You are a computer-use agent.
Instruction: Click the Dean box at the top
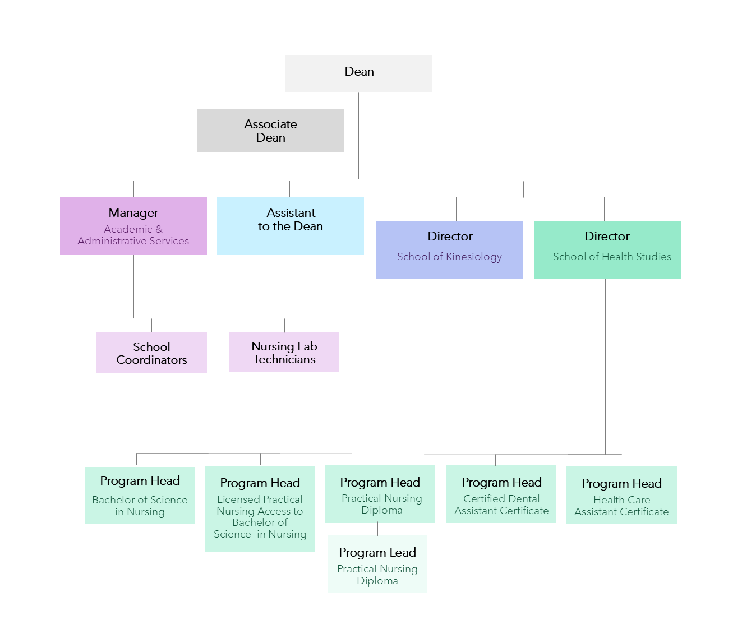pyautogui.click(x=358, y=73)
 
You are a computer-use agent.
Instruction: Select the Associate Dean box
pyautogui.click(x=270, y=131)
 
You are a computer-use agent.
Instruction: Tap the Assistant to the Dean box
pyautogui.click(x=290, y=225)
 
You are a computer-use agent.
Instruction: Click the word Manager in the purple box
pyautogui.click(x=133, y=213)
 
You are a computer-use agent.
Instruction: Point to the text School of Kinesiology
pyautogui.click(x=449, y=257)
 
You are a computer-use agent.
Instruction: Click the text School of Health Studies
pyautogui.click(x=612, y=257)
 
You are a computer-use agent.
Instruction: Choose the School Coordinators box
pyautogui.click(x=151, y=353)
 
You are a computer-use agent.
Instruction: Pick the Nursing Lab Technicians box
pyautogui.click(x=284, y=352)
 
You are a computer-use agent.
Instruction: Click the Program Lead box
pyautogui.click(x=377, y=564)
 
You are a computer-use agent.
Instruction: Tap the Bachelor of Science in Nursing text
pyautogui.click(x=140, y=506)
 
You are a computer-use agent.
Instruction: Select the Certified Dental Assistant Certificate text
pyautogui.click(x=501, y=505)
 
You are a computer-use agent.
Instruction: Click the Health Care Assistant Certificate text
pyautogui.click(x=621, y=506)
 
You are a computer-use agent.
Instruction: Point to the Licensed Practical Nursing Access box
pyautogui.click(x=260, y=508)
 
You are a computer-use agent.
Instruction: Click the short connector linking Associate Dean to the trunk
pyautogui.click(x=351, y=131)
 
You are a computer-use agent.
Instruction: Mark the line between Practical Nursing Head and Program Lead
pyautogui.click(x=377, y=529)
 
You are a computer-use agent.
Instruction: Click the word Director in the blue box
pyautogui.click(x=450, y=236)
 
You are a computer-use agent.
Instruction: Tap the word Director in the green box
pyautogui.click(x=607, y=236)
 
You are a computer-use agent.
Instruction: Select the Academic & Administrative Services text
pyautogui.click(x=133, y=235)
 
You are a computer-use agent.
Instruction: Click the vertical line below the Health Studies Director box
pyautogui.click(x=605, y=367)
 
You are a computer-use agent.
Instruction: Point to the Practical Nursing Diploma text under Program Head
pyautogui.click(x=381, y=504)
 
